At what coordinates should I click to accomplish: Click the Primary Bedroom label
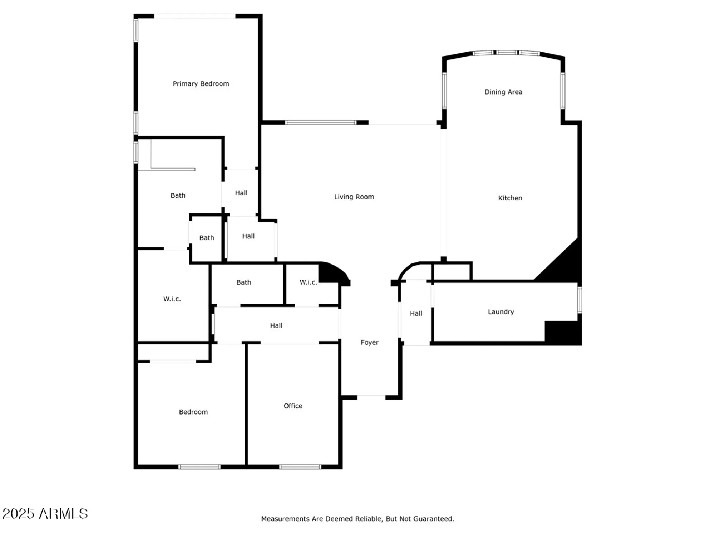click(201, 84)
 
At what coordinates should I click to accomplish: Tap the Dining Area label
click(503, 92)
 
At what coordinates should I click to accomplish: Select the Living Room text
click(354, 197)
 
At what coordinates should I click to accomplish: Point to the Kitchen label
click(510, 198)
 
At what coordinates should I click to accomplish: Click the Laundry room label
click(500, 312)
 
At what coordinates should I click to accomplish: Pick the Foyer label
click(369, 343)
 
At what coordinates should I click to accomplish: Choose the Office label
click(293, 406)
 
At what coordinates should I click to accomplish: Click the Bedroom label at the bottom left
click(193, 412)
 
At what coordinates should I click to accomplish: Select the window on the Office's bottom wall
click(300, 467)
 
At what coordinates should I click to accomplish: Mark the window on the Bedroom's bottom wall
click(199, 467)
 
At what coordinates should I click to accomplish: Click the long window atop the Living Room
click(321, 123)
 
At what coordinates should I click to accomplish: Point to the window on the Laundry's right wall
click(579, 300)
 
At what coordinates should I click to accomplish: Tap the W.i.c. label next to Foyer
click(308, 282)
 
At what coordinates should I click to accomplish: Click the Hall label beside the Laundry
click(416, 314)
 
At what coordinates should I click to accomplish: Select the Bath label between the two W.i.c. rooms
click(243, 282)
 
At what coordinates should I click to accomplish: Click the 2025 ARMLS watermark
click(45, 514)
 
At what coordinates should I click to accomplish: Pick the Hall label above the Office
click(276, 325)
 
